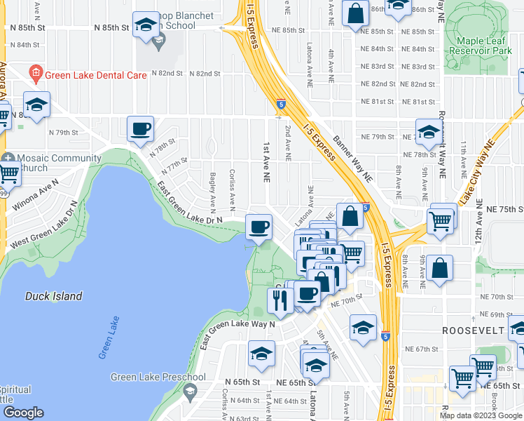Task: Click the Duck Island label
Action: [x=53, y=296]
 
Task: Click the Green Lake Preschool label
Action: [x=158, y=377]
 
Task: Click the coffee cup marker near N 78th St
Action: [x=140, y=128]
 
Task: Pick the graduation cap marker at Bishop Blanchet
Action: [x=145, y=25]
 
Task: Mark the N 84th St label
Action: [x=25, y=45]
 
